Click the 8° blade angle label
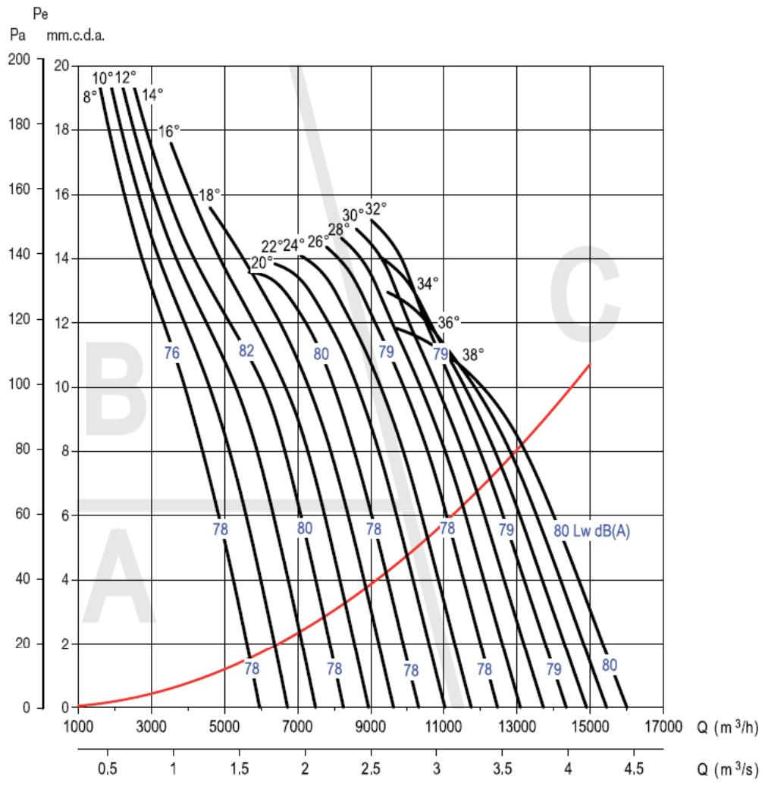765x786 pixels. [89, 97]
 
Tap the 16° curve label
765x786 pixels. [169, 131]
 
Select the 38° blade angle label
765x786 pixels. [472, 353]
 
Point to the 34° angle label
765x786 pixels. [428, 284]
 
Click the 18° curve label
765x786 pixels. [208, 195]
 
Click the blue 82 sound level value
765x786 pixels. [246, 350]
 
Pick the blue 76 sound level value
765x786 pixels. [171, 352]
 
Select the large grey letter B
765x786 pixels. [115, 384]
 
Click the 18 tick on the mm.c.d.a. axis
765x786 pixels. [64, 130]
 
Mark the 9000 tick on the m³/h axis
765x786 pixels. [371, 727]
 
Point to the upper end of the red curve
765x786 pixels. [590, 365]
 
